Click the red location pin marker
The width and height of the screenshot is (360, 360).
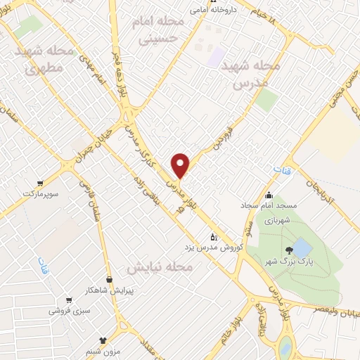pos(181,165)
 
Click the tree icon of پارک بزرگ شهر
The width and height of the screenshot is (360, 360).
pos(288,250)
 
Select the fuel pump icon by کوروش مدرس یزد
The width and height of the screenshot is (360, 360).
pos(214,237)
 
